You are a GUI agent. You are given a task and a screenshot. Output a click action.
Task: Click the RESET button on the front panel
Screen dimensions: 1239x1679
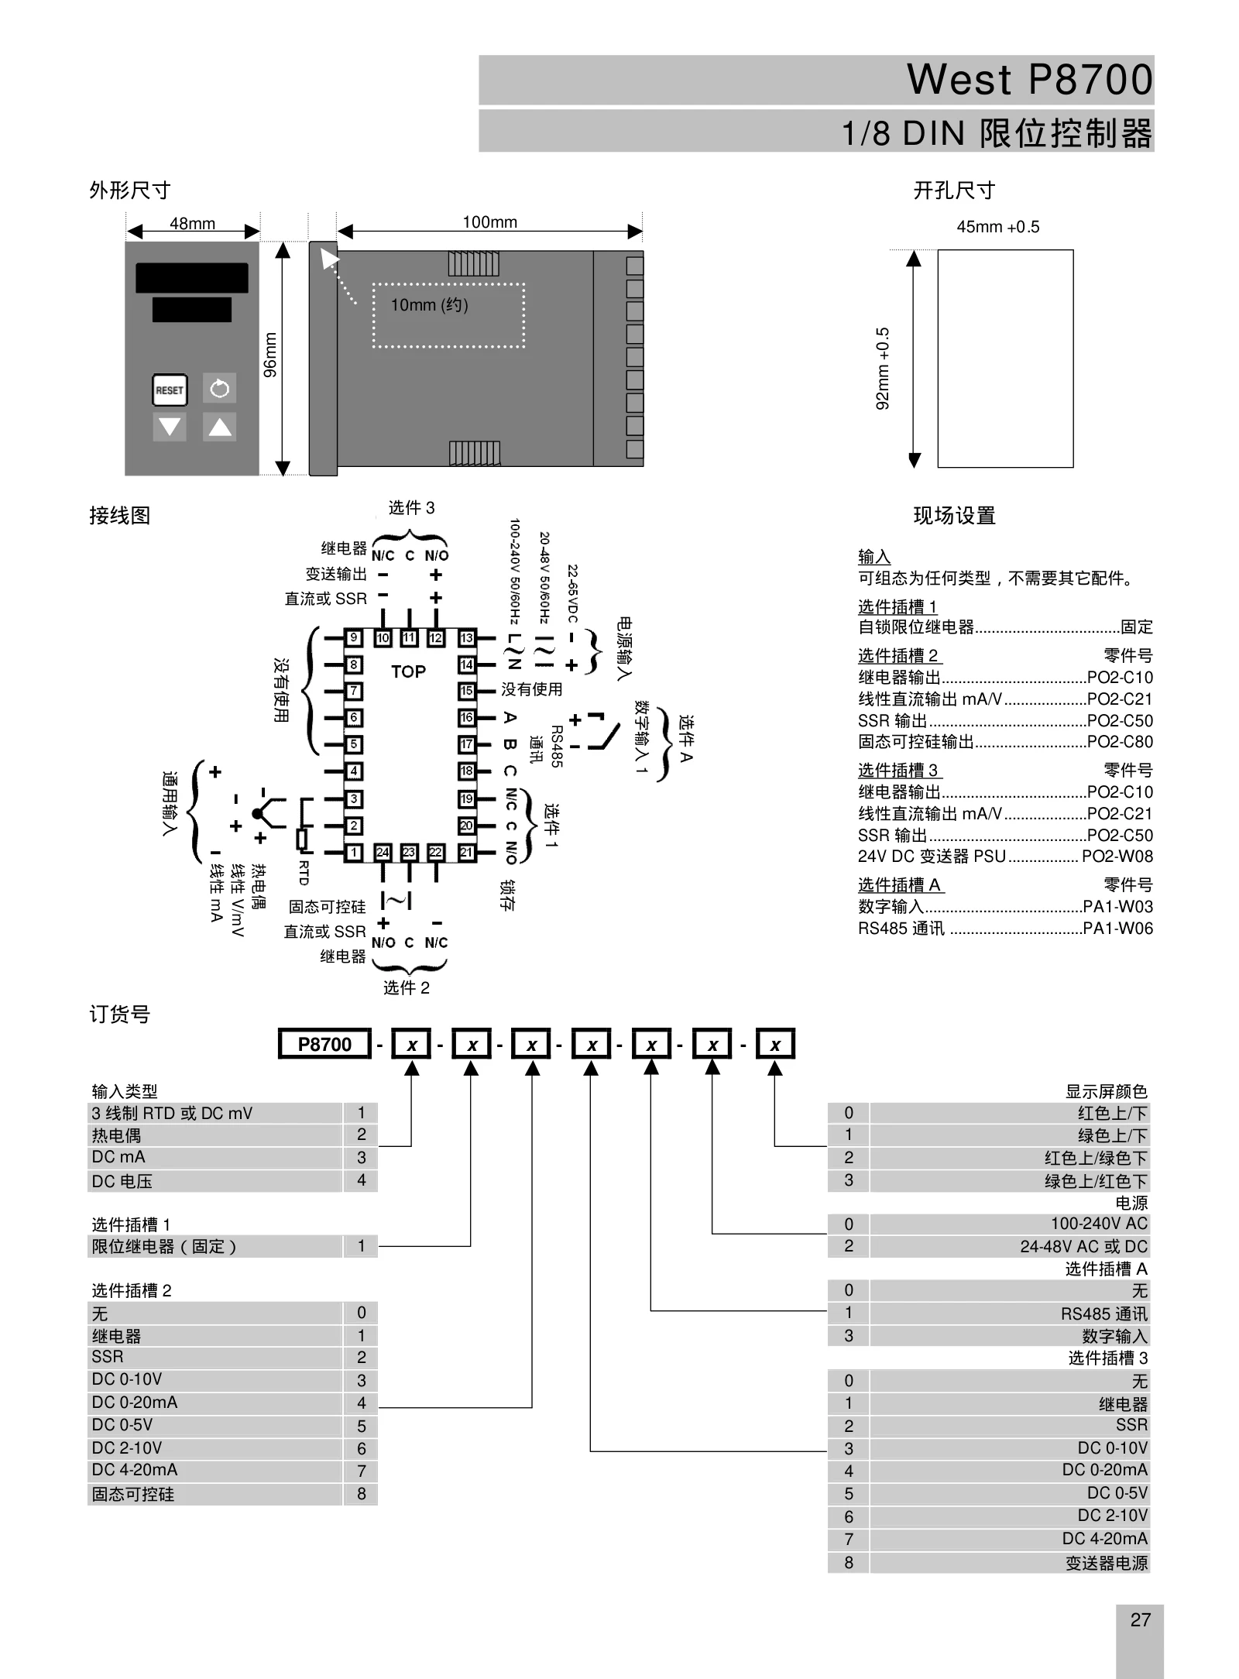pos(170,390)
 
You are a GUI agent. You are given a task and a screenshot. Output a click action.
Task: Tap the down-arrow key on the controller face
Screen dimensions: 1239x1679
pos(170,426)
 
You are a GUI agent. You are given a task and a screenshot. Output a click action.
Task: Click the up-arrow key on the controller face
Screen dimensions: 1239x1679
pos(220,426)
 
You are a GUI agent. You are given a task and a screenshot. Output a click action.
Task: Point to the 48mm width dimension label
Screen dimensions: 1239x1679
pos(193,224)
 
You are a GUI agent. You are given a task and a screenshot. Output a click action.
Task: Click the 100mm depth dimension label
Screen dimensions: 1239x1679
pos(490,222)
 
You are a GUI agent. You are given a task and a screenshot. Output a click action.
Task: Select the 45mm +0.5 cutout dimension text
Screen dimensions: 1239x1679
pos(998,227)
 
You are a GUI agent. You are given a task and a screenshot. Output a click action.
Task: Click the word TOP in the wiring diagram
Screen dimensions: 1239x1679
pos(408,671)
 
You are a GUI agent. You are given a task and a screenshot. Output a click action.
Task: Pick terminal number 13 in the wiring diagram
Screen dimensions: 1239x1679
pos(467,638)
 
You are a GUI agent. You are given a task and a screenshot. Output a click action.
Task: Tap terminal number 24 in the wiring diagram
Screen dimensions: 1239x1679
pos(383,852)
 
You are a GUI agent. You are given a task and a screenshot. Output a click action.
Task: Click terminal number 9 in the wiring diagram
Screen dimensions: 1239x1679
pos(354,638)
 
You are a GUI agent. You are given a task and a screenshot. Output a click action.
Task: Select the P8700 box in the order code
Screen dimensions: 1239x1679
pos(325,1044)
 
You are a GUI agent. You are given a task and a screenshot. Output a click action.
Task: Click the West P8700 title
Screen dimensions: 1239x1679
pos(1030,79)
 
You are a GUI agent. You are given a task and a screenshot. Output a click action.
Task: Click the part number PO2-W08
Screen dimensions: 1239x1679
pos(1117,856)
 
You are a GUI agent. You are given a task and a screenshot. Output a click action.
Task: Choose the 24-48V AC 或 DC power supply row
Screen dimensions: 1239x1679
pos(989,1246)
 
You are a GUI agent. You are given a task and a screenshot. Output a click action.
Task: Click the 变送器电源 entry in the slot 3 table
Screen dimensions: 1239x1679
pos(1107,1563)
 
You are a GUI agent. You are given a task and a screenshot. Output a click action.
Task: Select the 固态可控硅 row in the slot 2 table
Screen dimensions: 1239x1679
pos(232,1494)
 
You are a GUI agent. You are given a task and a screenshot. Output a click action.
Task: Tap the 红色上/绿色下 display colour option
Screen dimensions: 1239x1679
pos(1096,1158)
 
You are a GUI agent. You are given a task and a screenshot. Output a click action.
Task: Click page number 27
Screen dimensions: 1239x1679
pos(1141,1619)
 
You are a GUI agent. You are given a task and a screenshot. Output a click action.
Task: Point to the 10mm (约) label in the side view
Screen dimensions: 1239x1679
pos(429,305)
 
